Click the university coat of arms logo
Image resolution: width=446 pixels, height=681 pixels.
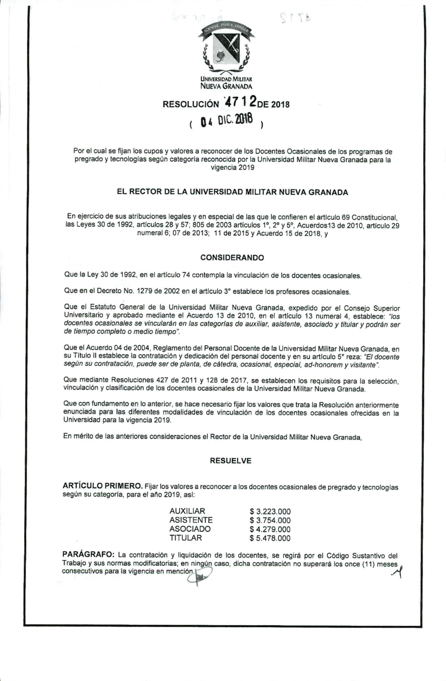coord(226,49)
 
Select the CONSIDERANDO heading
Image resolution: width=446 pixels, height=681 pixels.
coord(232,258)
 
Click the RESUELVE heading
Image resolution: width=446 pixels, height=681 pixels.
coord(231,461)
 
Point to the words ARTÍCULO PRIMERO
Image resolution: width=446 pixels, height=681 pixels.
coord(103,486)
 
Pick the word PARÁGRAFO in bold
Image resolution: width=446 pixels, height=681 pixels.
coord(88,555)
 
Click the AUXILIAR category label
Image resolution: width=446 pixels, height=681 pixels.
coord(187,511)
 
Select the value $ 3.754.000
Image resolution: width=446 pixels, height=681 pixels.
coord(270,521)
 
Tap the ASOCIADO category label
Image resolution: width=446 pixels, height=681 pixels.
coord(190,529)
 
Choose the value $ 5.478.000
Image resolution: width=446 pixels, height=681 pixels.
coord(270,538)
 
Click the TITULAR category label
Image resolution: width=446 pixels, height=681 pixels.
coord(186,538)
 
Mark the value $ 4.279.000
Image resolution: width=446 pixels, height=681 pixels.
coord(270,529)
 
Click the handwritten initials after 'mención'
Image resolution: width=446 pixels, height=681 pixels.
coord(200,578)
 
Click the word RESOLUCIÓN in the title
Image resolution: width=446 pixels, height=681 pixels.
coord(191,105)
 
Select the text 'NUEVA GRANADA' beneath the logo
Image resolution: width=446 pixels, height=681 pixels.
coord(226,86)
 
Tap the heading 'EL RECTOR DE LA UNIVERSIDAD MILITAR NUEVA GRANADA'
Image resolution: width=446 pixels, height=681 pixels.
coord(232,193)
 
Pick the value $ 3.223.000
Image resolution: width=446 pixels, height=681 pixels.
coord(270,512)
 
